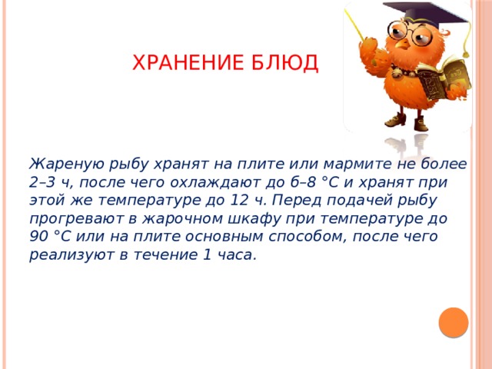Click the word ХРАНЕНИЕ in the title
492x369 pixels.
(x=188, y=62)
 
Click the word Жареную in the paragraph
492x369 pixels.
(x=67, y=165)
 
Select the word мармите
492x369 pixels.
(x=357, y=165)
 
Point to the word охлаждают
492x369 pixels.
(x=215, y=183)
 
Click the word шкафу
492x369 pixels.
(x=254, y=219)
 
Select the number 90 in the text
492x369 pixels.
(x=39, y=237)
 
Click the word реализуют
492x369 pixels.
(x=71, y=255)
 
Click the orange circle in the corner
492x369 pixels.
(x=454, y=322)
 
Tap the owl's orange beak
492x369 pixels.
(x=401, y=44)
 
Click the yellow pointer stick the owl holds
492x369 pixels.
(x=355, y=25)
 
